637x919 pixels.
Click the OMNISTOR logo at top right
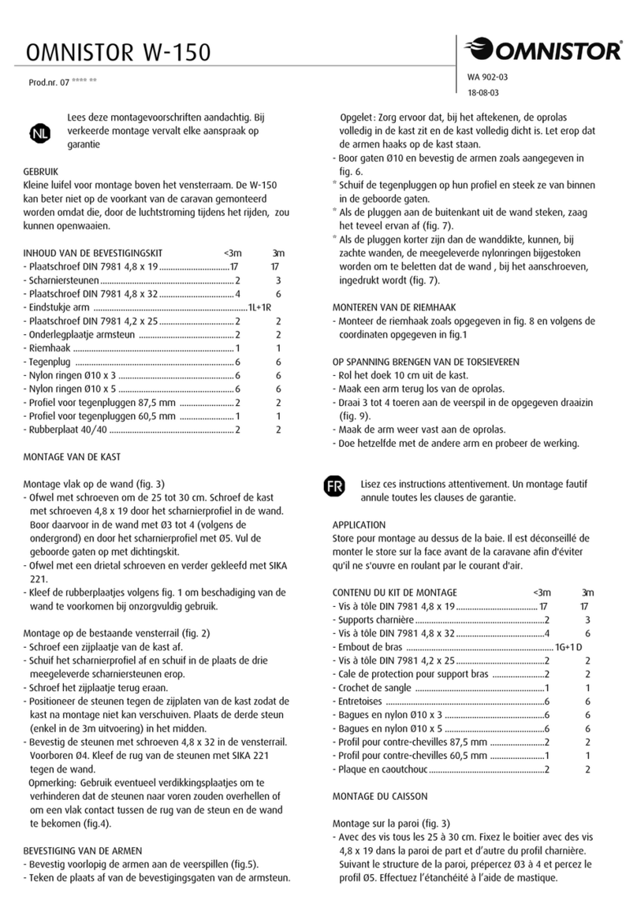coord(544,51)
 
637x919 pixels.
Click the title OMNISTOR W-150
coord(117,53)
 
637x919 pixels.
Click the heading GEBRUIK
coord(41,170)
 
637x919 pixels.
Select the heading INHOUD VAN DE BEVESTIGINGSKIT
coord(93,254)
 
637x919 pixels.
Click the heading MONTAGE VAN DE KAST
coord(72,457)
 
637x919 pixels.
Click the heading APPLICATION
coord(359,524)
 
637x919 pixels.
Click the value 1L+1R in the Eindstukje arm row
coord(259,307)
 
